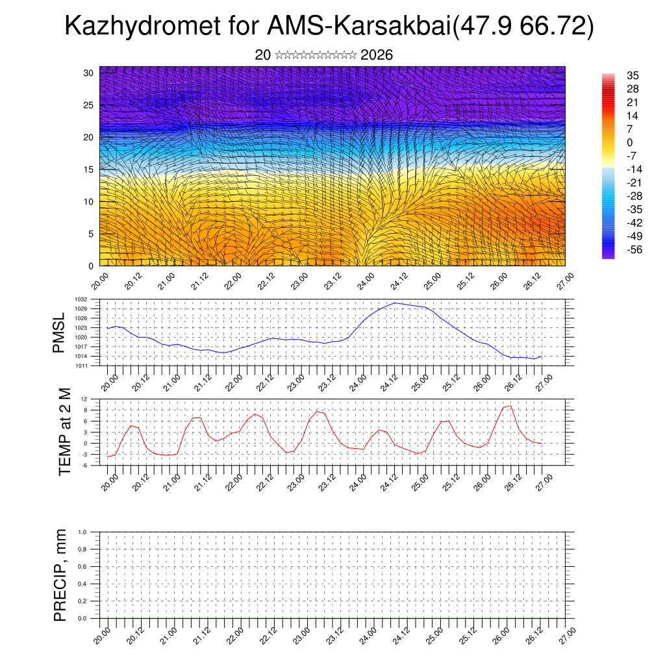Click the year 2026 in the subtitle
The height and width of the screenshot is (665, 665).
click(x=376, y=55)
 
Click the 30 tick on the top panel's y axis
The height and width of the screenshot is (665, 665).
click(x=89, y=73)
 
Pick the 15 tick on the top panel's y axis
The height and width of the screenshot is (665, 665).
click(x=89, y=169)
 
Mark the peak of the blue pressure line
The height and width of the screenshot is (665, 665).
click(x=394, y=303)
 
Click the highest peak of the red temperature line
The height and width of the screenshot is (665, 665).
click(x=511, y=406)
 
